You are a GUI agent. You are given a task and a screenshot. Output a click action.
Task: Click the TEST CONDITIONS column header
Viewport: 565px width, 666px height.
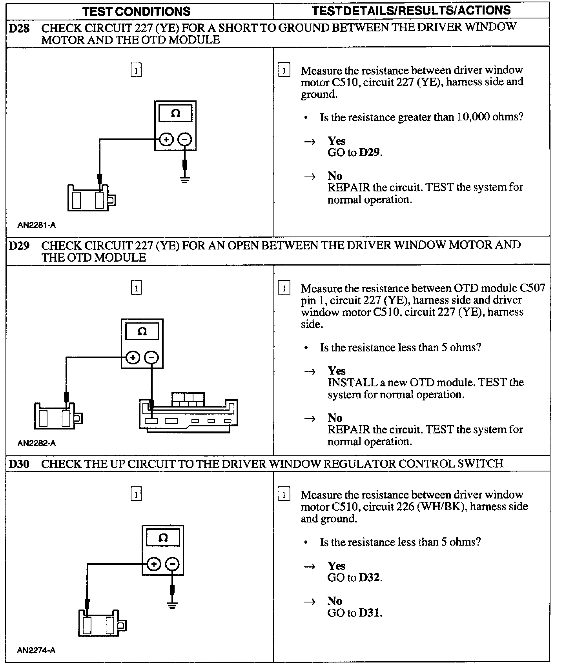pos(136,11)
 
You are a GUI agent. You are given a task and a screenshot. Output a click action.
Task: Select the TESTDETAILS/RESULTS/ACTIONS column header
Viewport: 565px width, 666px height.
pos(411,11)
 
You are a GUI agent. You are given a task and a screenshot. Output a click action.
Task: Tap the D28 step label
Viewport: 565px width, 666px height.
pos(19,28)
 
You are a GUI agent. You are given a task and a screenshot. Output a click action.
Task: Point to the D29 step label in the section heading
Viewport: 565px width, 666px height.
pos(19,246)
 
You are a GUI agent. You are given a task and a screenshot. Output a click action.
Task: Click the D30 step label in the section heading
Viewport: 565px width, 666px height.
pos(19,464)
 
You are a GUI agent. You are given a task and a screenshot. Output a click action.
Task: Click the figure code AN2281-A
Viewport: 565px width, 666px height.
pos(36,225)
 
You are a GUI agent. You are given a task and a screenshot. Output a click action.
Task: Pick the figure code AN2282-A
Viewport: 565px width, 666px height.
pos(36,443)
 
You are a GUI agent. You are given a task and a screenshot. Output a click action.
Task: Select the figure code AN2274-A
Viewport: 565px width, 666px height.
pos(36,650)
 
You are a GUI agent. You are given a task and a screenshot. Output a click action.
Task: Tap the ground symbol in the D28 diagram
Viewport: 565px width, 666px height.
pos(185,179)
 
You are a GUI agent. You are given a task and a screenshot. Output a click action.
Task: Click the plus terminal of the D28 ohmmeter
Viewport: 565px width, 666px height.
pos(166,139)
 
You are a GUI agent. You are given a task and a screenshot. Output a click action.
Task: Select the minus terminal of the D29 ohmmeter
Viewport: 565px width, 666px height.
pos(151,357)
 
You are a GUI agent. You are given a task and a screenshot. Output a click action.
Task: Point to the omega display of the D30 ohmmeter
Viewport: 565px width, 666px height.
pos(163,537)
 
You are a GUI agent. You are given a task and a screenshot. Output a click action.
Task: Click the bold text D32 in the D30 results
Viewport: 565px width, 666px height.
pos(369,578)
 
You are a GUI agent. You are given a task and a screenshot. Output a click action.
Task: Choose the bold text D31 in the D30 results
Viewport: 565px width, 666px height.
pos(369,613)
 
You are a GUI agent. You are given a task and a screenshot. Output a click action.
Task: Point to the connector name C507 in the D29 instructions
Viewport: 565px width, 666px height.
pos(532,288)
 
